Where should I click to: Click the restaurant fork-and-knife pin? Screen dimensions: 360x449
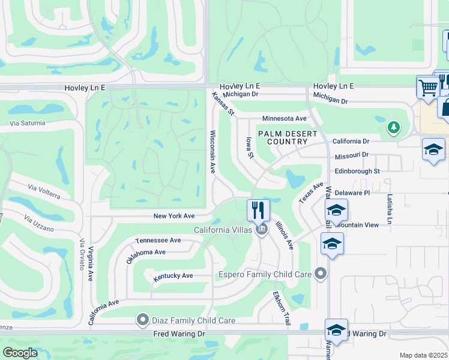point(259,210)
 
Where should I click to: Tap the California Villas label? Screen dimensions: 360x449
point(222,230)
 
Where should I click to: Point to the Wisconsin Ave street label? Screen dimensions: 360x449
point(212,152)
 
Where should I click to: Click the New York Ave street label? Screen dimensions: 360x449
point(174,215)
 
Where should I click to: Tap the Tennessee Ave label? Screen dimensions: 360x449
point(158,240)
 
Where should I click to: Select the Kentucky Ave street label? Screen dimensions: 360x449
point(173,276)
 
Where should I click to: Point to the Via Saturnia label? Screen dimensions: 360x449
point(27,123)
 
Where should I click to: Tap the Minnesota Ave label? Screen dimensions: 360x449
point(285,119)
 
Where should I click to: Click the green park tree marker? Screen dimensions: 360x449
point(393,127)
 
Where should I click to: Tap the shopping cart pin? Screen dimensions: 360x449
point(427,87)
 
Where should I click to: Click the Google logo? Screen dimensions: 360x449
point(20,353)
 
